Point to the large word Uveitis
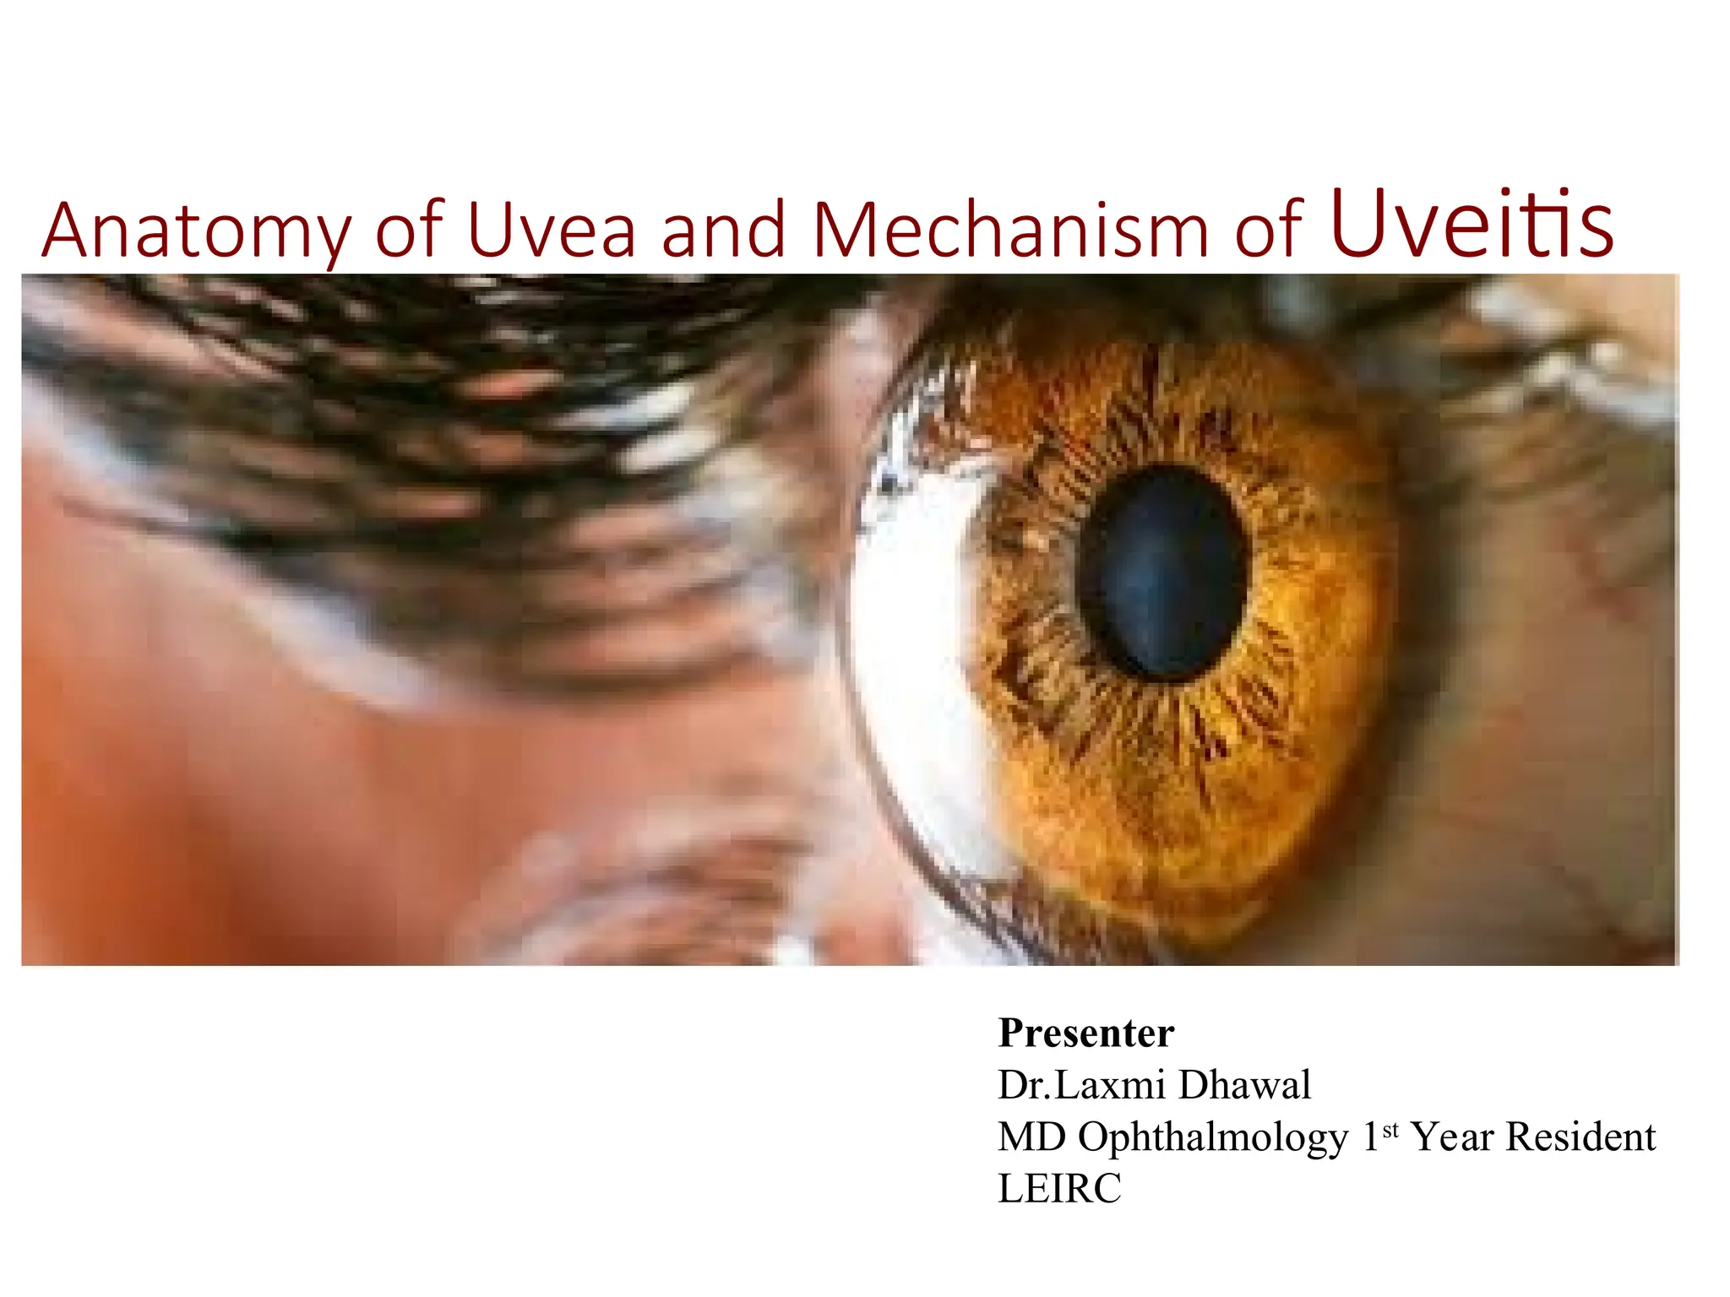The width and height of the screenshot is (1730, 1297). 1472,225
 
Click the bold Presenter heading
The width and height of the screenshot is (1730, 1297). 1086,1033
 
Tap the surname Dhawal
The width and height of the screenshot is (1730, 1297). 1245,1085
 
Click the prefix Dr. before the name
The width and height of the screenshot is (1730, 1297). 1025,1085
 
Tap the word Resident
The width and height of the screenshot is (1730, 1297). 1581,1137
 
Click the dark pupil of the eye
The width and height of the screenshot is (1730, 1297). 1165,574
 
